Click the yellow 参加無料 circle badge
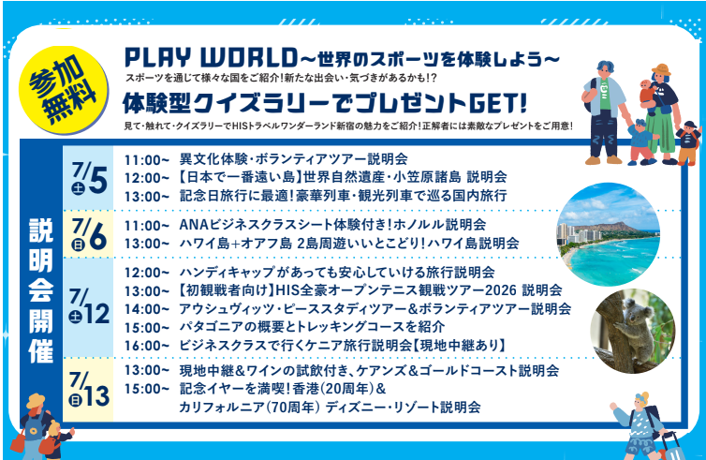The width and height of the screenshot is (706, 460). coord(64,90)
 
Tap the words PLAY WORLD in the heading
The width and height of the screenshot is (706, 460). coord(212,58)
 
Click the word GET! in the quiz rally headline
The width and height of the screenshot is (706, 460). coord(498,104)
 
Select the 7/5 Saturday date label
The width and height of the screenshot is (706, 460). coord(89,179)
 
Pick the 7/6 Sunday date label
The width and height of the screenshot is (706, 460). coord(89,234)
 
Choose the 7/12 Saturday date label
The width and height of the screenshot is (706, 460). coord(89,307)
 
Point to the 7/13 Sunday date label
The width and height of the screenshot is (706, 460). coord(89,390)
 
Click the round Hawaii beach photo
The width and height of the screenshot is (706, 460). coord(609,234)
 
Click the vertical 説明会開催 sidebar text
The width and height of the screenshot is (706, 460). coord(40,290)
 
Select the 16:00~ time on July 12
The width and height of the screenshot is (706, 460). coord(147,346)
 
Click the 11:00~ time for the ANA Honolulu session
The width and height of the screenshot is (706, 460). coord(147,225)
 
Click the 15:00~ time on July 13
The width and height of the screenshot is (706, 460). coord(147,389)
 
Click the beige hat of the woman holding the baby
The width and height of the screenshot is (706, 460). coord(660,70)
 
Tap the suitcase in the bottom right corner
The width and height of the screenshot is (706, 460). coord(670,446)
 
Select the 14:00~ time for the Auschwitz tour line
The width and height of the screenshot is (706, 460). coord(147,309)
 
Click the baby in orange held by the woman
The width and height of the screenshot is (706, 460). coord(647,96)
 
